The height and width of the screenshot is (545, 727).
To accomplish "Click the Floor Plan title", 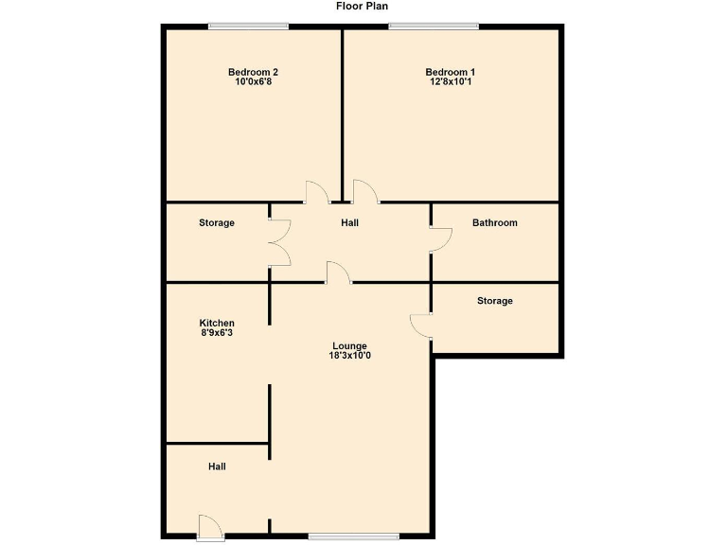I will (363, 6).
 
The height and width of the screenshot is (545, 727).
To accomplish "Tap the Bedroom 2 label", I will (253, 72).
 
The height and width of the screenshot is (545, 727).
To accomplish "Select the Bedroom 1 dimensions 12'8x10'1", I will (450, 82).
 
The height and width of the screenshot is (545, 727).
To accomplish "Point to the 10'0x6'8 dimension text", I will (253, 82).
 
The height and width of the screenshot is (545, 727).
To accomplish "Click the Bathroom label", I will (494, 223).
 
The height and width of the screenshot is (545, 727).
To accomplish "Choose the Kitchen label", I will (217, 324).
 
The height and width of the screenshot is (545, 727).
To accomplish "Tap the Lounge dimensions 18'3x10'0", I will (349, 357).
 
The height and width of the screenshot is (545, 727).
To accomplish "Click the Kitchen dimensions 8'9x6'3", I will (217, 333).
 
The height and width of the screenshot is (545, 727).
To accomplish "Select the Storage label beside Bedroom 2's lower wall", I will (217, 223).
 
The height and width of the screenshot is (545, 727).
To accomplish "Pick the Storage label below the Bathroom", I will (494, 301).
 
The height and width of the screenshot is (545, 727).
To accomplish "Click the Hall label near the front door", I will (217, 466).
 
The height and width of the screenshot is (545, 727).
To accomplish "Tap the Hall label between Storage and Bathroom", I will (349, 223).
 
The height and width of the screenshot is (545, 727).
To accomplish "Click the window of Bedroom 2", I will (249, 26).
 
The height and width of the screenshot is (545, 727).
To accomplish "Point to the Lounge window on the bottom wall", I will (354, 536).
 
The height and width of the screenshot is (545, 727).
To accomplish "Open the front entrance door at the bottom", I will (211, 528).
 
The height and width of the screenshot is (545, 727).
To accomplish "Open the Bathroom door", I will (439, 239).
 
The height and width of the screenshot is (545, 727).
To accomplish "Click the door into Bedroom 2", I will (316, 193).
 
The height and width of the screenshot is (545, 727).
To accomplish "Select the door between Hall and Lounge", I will (339, 273).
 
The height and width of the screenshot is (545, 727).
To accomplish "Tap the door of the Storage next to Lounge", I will (421, 325).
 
